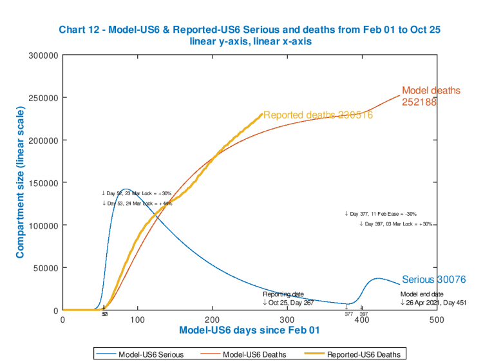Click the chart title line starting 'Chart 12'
click(x=249, y=30)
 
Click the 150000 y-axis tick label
click(x=45, y=183)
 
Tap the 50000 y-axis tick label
click(x=48, y=268)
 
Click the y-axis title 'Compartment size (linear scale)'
click(x=21, y=183)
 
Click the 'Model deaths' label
click(x=431, y=91)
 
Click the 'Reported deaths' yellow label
click(x=317, y=115)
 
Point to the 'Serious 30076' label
click(x=433, y=280)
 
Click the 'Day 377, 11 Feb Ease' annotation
click(x=381, y=214)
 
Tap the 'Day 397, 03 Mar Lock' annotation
click(x=395, y=224)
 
